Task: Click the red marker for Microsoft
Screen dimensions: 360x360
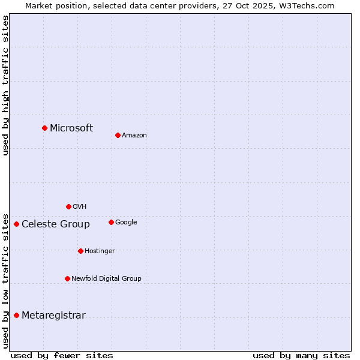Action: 44,128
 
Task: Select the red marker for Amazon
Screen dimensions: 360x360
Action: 118,135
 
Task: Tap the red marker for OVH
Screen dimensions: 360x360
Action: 68,206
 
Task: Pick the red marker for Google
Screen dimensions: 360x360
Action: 111,222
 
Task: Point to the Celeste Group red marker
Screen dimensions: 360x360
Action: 16,224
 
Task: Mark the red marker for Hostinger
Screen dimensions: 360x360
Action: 80,251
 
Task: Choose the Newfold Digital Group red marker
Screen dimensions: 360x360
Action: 67,278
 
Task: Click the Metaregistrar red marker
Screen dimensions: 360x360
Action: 16,315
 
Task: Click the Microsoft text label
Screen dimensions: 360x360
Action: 71,128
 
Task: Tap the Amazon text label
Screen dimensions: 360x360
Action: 134,136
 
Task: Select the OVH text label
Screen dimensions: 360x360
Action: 80,207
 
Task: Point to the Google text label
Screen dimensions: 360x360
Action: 126,223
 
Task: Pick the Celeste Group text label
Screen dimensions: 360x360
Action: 56,224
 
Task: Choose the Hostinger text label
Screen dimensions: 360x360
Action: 100,251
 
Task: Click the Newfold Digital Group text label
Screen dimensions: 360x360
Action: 106,279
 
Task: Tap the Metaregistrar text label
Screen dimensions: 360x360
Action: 53,316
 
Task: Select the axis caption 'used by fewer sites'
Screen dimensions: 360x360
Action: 62,355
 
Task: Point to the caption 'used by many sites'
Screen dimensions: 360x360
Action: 301,355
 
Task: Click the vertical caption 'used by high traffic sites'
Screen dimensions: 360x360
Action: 5,85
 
